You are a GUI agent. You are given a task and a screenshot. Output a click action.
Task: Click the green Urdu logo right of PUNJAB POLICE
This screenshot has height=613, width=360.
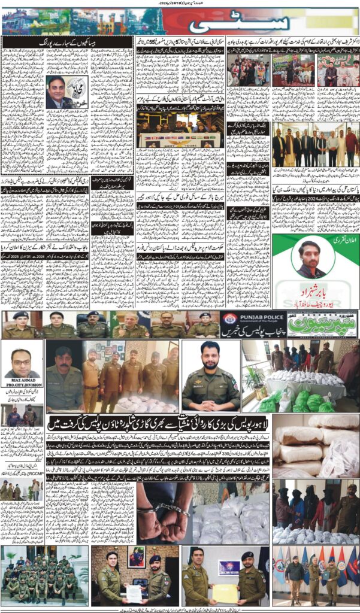click(322, 324)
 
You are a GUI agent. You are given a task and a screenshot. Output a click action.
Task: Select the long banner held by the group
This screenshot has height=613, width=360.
click(179, 139)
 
